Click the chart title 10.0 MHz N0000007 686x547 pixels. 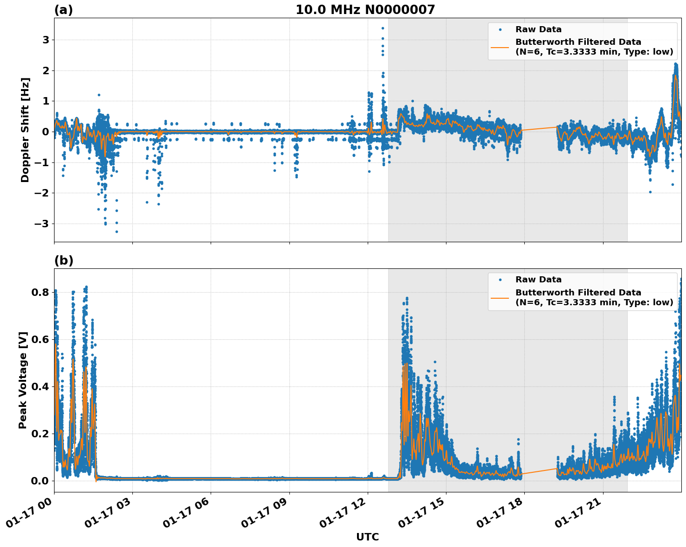(x=365, y=10)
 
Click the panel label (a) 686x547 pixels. (x=63, y=10)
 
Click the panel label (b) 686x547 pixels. (x=63, y=260)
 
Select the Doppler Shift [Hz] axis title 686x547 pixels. (x=25, y=130)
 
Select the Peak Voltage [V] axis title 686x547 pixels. (x=23, y=380)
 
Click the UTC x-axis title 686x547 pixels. (x=367, y=537)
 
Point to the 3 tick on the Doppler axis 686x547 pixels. (x=46, y=40)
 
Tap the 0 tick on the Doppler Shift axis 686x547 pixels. (x=46, y=132)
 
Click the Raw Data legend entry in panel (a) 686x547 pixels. (x=538, y=30)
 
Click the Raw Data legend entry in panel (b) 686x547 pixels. (x=538, y=280)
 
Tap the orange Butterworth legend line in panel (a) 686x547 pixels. (x=500, y=47)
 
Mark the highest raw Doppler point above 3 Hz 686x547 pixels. (x=383, y=28)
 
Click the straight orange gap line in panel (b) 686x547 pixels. (x=539, y=471)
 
